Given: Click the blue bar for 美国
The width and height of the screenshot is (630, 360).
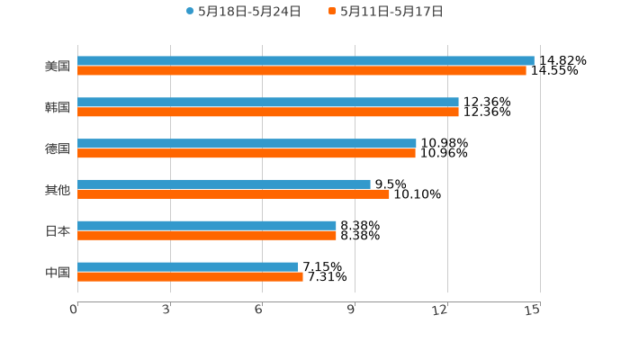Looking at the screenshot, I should [306, 61].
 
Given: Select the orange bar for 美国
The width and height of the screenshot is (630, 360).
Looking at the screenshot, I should [301, 70].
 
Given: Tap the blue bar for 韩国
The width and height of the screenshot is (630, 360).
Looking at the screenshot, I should [268, 103].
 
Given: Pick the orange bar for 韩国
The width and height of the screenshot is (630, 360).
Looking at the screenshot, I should [268, 112].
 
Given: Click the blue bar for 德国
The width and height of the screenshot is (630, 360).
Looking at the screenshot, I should [247, 144].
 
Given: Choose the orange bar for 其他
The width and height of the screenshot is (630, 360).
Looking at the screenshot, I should [233, 194].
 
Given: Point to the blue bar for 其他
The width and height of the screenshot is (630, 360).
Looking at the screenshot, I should [224, 184].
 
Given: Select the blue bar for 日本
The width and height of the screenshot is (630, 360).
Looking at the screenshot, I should [207, 226].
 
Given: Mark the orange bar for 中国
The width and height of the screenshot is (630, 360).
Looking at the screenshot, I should [190, 277].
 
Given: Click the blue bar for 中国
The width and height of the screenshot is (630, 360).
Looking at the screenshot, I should [187, 267].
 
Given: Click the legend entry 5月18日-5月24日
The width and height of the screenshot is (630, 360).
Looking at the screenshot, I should [244, 12].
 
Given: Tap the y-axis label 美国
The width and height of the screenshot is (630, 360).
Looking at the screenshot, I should [58, 66].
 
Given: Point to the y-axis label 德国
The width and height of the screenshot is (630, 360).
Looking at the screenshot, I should [58, 148].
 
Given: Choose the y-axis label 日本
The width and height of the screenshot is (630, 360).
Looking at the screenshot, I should [58, 230].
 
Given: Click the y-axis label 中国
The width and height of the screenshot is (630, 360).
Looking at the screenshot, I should [58, 272].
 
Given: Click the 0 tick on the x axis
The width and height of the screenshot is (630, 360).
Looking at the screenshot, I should [75, 310].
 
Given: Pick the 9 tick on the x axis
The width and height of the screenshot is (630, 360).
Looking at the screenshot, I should [353, 310].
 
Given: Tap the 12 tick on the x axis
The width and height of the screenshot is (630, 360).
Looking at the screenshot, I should [441, 310].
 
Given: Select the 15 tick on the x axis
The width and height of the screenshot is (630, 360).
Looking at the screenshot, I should [533, 310].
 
